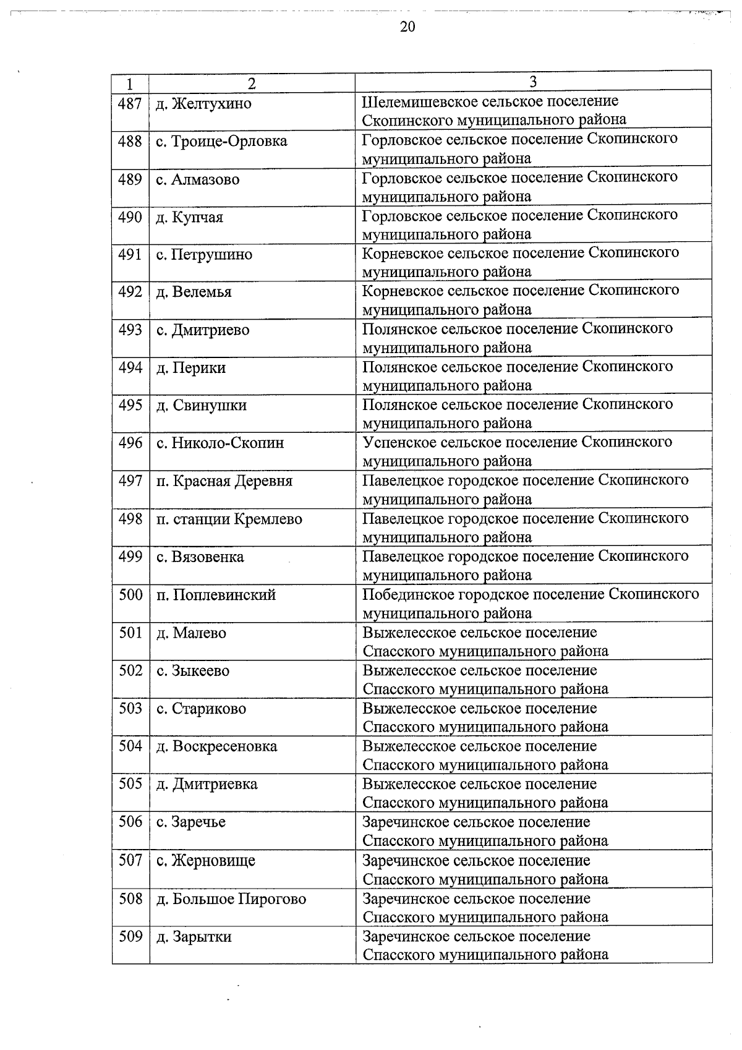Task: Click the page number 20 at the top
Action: pyautogui.click(x=407, y=27)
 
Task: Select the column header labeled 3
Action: pyautogui.click(x=532, y=83)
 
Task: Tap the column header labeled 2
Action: pyautogui.click(x=252, y=83)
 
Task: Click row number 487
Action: pyautogui.click(x=130, y=103)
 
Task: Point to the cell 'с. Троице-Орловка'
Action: pyautogui.click(x=221, y=142)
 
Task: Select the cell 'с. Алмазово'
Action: pyautogui.click(x=197, y=180)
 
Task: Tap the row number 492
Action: pyautogui.click(x=130, y=292)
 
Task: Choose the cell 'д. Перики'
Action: pyautogui.click(x=190, y=368)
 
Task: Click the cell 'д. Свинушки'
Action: pyautogui.click(x=201, y=406)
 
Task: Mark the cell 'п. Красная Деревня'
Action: pyautogui.click(x=224, y=481)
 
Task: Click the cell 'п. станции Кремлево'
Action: pyautogui.click(x=229, y=519)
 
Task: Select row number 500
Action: pyautogui.click(x=130, y=595)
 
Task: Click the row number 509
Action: pyautogui.click(x=130, y=936)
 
